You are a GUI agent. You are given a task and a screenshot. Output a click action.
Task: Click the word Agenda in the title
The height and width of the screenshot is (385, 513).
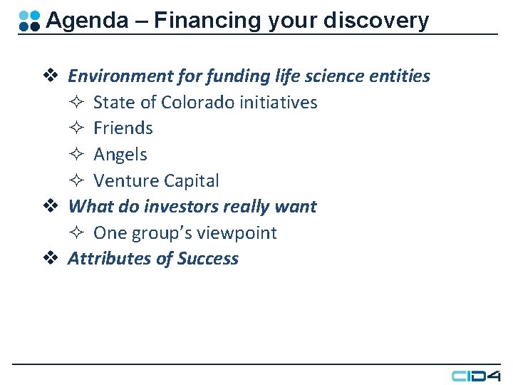coord(86,21)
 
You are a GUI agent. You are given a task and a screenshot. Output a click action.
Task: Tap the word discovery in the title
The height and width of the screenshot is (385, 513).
coord(375,21)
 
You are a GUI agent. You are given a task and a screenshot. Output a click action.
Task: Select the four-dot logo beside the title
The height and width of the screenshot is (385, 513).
coord(29,21)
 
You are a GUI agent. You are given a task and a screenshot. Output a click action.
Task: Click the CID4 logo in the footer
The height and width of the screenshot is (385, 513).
coord(476,375)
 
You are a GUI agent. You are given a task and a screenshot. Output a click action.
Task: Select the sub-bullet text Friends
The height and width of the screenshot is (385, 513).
coord(123,128)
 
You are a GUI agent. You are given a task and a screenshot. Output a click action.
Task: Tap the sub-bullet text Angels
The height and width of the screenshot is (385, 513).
coord(120,155)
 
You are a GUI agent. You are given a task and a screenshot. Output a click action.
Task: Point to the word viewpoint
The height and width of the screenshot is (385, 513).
coord(236,233)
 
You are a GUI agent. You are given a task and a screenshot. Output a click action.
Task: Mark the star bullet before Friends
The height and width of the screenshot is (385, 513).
coord(78,128)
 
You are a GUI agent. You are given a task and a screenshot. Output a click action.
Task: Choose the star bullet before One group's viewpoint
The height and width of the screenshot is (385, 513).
coord(78,233)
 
